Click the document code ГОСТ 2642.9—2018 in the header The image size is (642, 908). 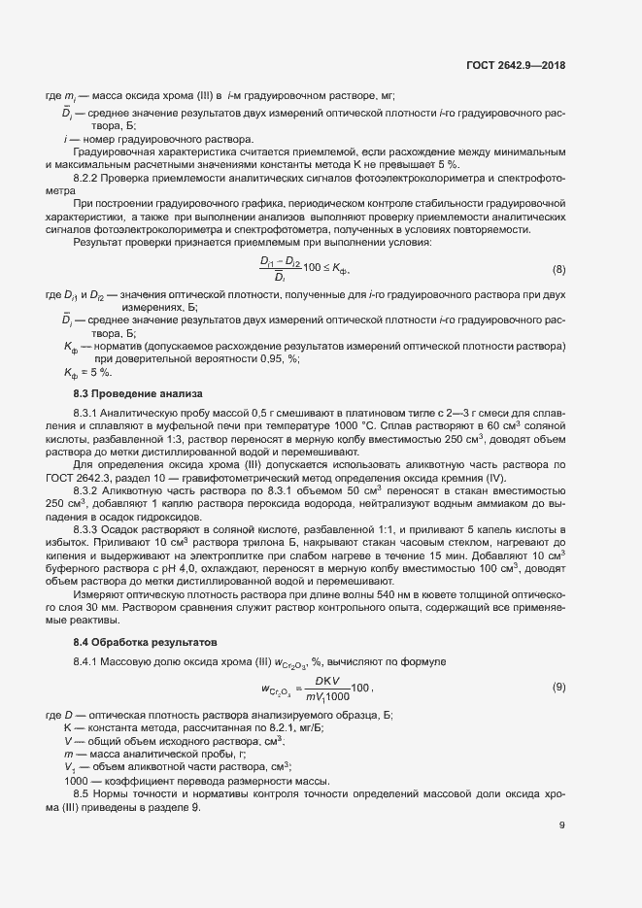click(515, 65)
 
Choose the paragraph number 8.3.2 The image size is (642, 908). click(88, 494)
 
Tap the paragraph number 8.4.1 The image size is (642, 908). click(88, 662)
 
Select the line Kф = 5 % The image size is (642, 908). click(87, 372)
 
